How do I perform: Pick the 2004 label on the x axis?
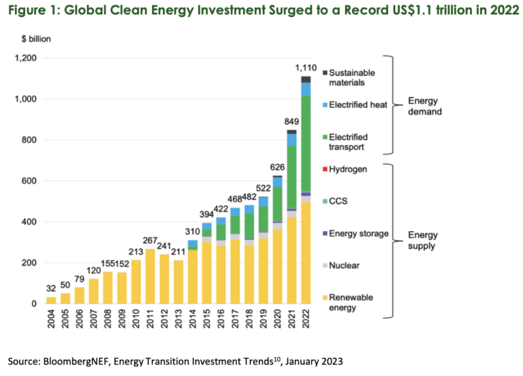point(51,320)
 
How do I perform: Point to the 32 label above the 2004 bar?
point(51,289)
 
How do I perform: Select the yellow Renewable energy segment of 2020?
point(276,266)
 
